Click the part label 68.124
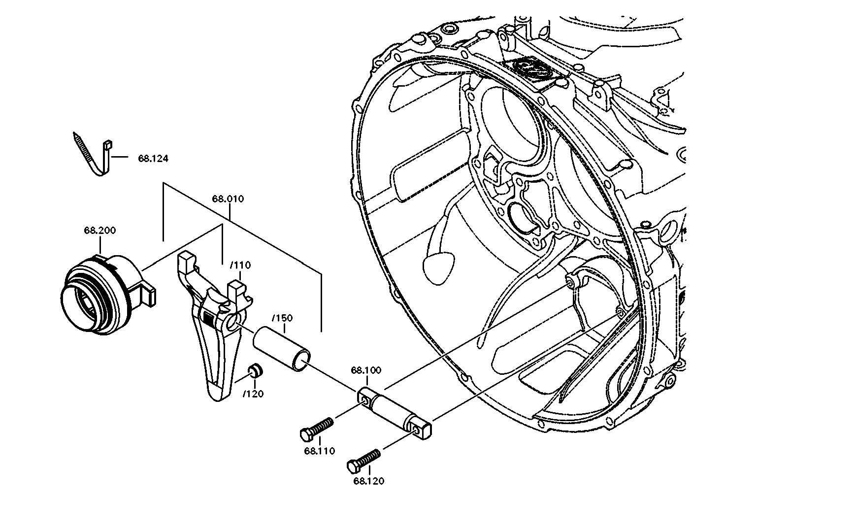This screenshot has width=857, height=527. point(153,159)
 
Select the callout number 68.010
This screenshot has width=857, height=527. point(228,199)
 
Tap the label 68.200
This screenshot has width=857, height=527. point(100,231)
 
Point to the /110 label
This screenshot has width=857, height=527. point(240,265)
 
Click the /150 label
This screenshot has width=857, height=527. point(283,318)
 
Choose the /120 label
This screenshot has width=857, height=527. point(253,394)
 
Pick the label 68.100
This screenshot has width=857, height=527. point(366,370)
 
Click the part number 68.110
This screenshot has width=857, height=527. point(319,451)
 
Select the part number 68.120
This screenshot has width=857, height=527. point(368,481)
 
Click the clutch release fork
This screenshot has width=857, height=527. point(217,335)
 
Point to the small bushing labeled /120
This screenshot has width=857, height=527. point(255,370)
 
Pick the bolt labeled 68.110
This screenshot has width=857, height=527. point(318,428)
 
